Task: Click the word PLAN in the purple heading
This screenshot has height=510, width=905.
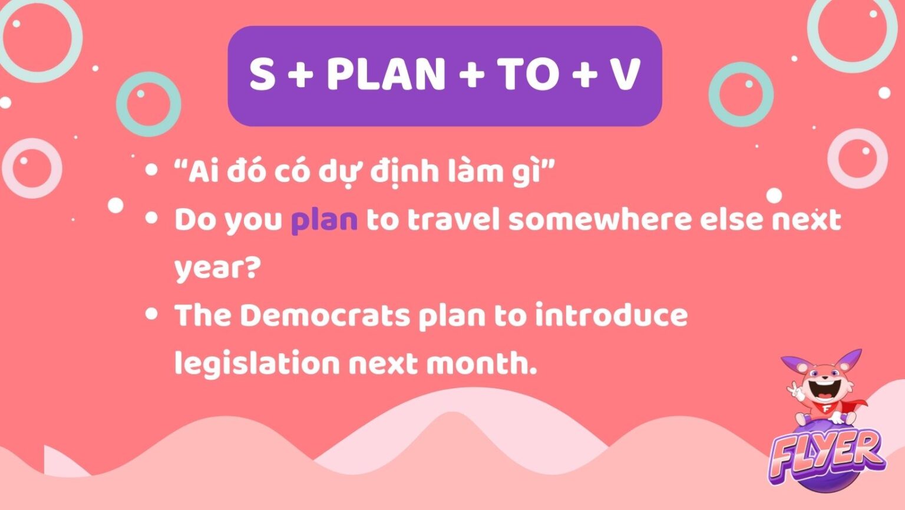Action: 386,75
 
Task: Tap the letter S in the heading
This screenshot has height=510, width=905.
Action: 262,75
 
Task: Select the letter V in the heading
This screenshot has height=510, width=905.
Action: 625,75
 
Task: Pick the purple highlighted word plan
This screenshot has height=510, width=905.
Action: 324,220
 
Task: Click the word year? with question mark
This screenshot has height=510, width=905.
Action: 217,269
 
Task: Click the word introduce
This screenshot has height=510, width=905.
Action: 611,315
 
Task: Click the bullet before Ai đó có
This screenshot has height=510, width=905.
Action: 151,170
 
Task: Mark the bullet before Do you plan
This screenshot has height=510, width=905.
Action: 151,218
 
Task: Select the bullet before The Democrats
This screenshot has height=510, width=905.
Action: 151,314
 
